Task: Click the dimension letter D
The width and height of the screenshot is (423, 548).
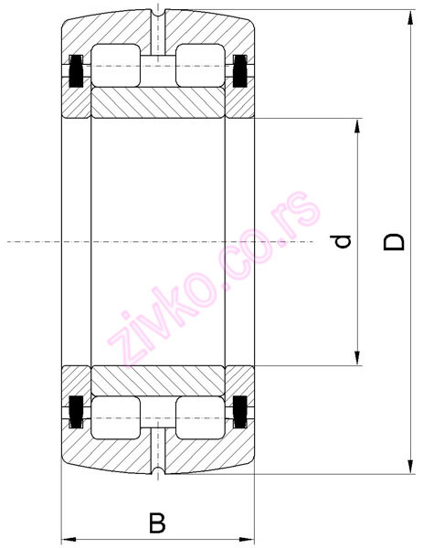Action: (394, 241)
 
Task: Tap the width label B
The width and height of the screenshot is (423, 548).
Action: (157, 523)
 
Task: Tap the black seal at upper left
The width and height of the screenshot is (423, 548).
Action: (75, 70)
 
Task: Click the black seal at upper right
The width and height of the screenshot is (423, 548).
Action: (242, 70)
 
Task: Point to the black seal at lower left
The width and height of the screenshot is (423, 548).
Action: (75, 412)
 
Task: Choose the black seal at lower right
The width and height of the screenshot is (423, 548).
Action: (242, 412)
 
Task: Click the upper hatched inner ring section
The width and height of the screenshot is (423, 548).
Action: (158, 102)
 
